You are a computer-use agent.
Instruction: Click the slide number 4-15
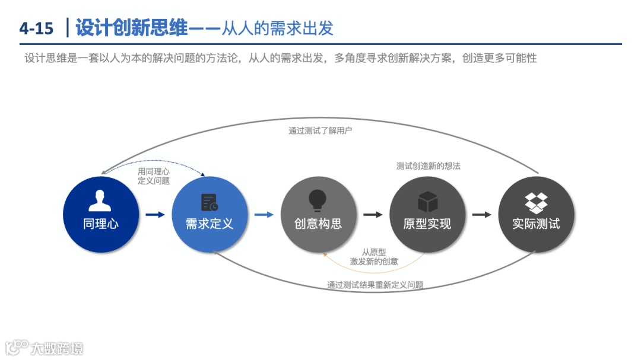point(36,28)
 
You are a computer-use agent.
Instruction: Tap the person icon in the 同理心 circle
point(100,201)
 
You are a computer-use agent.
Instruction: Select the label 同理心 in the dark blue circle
point(100,224)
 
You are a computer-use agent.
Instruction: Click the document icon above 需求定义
point(209,202)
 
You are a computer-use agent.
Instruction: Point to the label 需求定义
point(209,224)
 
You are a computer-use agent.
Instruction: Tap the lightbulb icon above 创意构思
point(318,200)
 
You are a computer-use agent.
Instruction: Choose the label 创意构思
point(318,224)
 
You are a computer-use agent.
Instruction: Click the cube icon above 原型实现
point(427,202)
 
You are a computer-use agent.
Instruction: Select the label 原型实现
point(427,224)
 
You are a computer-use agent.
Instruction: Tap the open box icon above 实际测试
point(536,202)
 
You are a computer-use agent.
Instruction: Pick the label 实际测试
point(536,224)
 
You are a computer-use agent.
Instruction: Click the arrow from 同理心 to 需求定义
point(155,215)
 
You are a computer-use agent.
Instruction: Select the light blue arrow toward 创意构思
point(264,215)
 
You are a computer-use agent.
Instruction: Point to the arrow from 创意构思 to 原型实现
point(373,215)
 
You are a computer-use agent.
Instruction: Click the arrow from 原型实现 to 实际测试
point(481,215)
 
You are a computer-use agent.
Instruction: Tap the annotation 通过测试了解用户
point(320,130)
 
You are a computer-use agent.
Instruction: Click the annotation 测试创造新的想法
point(428,166)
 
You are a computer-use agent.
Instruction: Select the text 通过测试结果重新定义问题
point(375,285)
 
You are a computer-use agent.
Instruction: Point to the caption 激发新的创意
point(374,262)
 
